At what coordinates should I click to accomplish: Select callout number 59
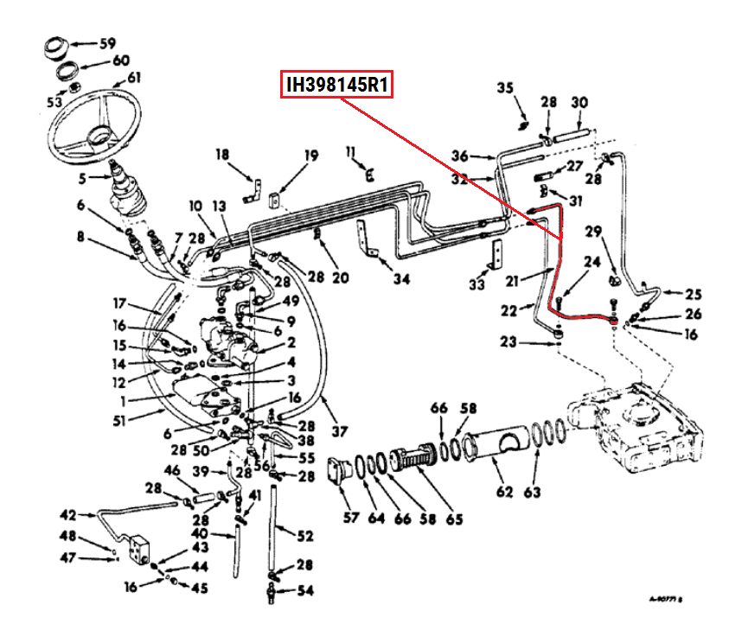106,43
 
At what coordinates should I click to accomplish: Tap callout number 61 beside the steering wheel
133,78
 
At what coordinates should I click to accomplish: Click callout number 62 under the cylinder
504,493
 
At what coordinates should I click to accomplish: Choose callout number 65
453,519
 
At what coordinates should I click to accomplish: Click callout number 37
339,431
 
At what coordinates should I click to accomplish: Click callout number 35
505,87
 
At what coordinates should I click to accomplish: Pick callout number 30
579,102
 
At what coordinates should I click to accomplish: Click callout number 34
400,278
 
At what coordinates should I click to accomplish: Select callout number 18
222,155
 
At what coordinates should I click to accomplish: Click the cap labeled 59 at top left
60,43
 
